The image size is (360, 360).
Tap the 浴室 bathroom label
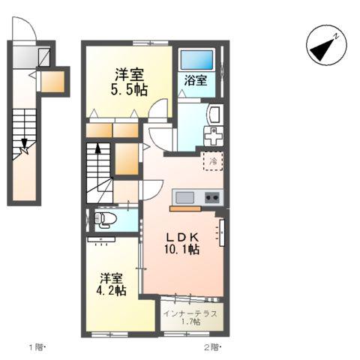coord(196,81)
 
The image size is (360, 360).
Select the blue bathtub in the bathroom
coord(198,58)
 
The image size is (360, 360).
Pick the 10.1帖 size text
coord(182,249)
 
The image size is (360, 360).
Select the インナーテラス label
coord(191,313)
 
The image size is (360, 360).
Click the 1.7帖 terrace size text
coord(191,322)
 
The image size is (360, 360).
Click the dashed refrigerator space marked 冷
coord(212,160)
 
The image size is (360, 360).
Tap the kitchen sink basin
coord(184,197)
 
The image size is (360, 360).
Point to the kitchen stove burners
coord(211,197)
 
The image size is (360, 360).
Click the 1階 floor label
coord(37,347)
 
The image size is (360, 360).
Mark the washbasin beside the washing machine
coord(213,115)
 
